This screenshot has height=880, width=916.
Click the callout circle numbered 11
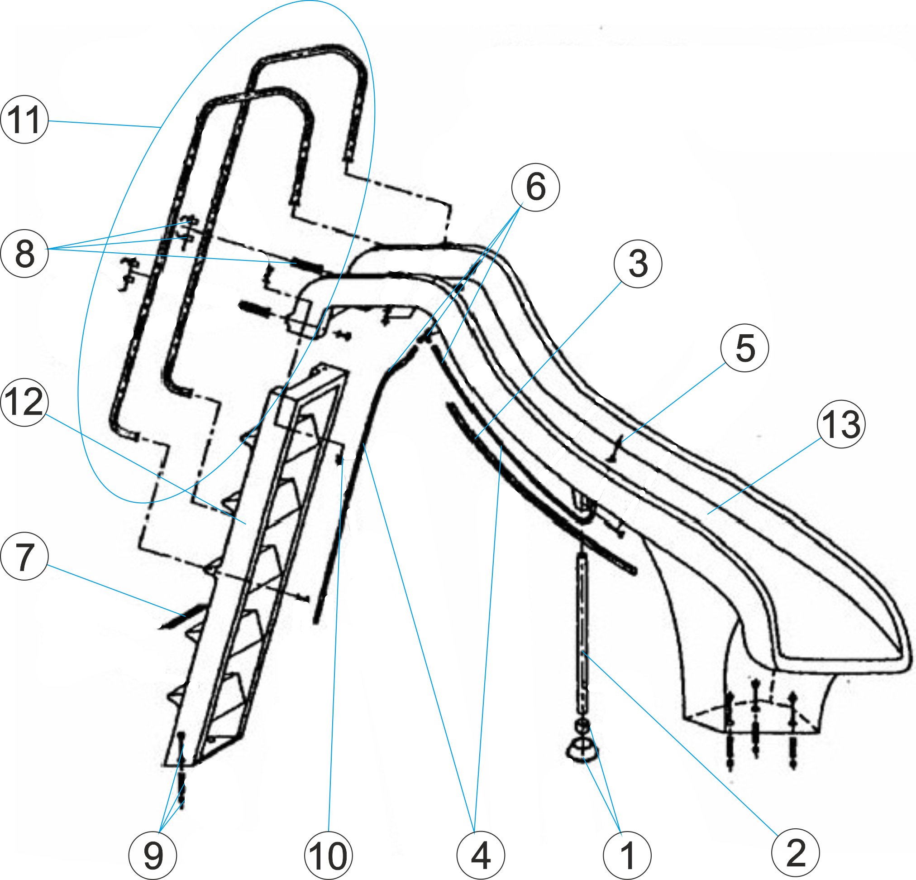click(x=24, y=119)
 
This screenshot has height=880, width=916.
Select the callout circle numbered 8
click(x=24, y=254)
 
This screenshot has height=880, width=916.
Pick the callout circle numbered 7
click(x=24, y=557)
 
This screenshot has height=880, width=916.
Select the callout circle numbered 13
click(x=841, y=424)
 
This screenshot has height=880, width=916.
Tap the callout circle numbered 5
click(x=745, y=348)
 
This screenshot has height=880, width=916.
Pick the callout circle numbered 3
click(x=638, y=263)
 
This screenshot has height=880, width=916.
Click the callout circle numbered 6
click(x=535, y=187)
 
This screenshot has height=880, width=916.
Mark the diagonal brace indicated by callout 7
click(x=182, y=616)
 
